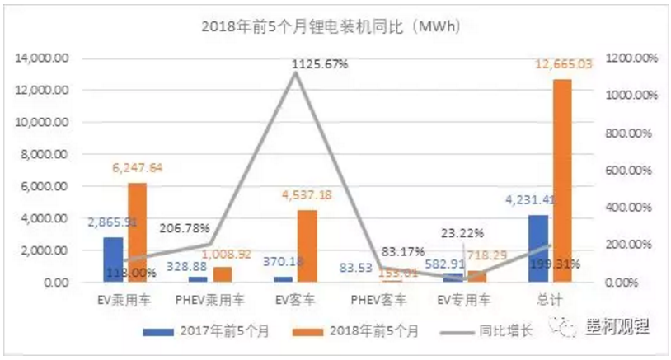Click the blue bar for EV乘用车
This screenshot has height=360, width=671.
click(114, 259)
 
